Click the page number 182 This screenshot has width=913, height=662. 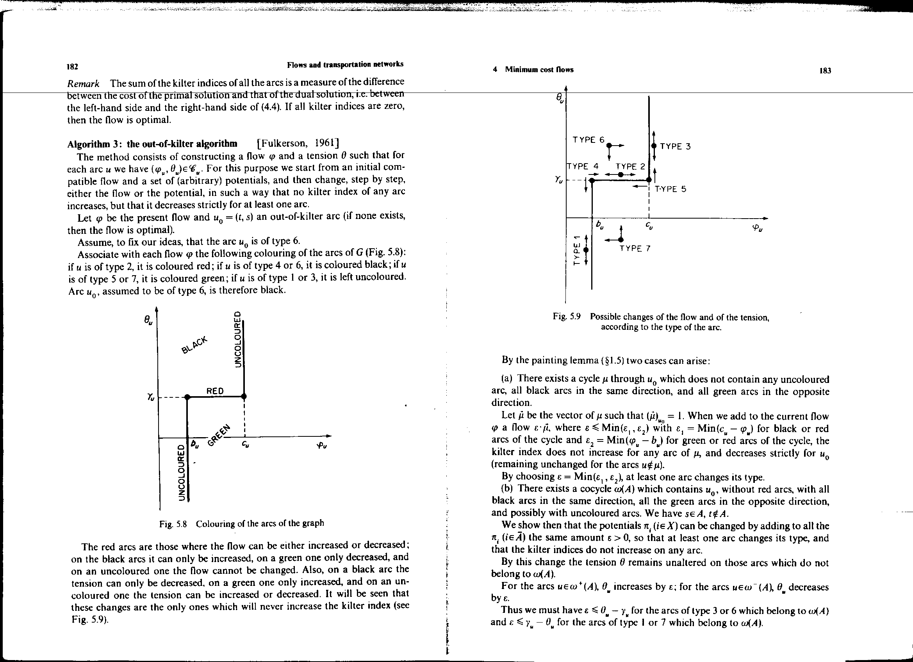click(73, 66)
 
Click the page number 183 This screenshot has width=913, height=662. click(825, 71)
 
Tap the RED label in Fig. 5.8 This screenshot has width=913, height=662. click(215, 391)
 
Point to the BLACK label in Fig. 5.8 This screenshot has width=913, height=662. click(194, 345)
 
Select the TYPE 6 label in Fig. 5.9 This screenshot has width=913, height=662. click(588, 140)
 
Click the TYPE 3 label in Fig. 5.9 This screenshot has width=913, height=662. click(676, 146)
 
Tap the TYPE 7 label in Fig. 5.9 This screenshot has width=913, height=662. click(635, 248)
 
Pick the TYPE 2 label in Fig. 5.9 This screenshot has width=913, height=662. click(630, 166)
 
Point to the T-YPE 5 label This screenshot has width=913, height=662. click(670, 189)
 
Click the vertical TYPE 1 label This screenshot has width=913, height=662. click(577, 249)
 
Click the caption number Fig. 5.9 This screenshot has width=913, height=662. click(566, 316)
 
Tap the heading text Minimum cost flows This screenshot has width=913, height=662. click(539, 69)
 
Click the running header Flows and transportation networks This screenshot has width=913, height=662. click(345, 64)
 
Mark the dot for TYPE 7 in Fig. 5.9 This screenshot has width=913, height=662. click(621, 240)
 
